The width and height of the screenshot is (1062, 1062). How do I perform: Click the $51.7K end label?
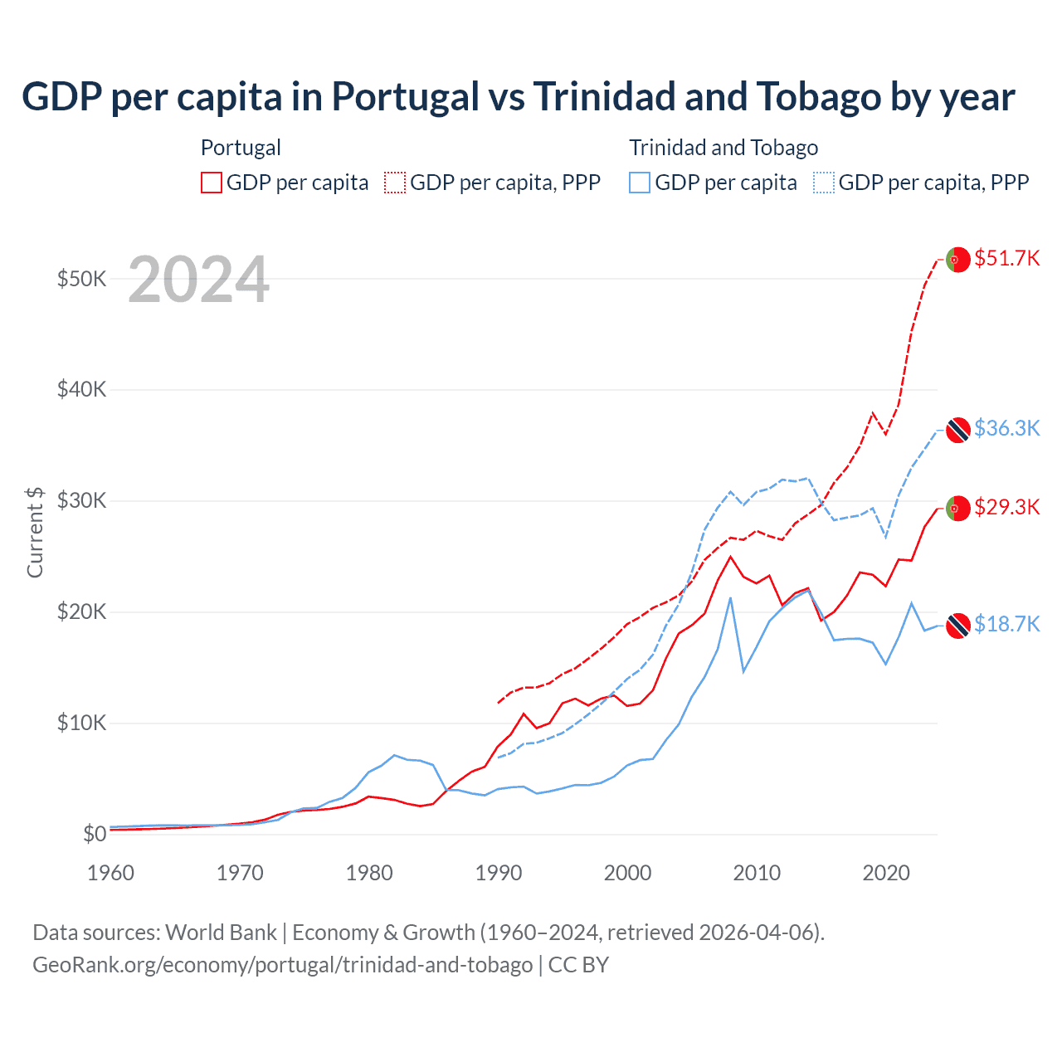[x=1006, y=258]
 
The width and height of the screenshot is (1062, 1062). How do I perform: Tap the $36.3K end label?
[x=1006, y=428]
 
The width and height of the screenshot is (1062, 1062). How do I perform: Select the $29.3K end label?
[x=1006, y=507]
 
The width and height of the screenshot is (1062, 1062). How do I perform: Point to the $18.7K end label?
[x=1006, y=624]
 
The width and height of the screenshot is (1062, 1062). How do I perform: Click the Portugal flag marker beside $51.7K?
[x=958, y=260]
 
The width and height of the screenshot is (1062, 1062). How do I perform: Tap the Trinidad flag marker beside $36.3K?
[x=958, y=430]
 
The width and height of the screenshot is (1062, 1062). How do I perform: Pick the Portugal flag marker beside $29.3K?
[x=958, y=508]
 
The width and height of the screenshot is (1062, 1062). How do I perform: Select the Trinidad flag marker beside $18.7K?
[x=958, y=626]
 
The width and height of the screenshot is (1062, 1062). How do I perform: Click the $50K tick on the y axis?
[x=81, y=279]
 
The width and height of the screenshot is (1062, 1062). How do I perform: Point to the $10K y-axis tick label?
[x=81, y=723]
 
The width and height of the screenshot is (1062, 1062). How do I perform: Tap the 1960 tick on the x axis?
[x=110, y=873]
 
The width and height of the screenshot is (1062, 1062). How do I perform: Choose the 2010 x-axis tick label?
[x=757, y=873]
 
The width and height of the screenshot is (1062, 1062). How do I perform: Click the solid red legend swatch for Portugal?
[x=212, y=183]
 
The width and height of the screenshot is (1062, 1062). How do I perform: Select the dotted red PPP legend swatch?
[x=395, y=183]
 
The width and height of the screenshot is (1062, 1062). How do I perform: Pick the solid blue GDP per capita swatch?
[x=640, y=183]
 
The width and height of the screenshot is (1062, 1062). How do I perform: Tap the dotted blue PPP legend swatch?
[x=824, y=183]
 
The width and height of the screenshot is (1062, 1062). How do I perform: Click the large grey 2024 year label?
[x=199, y=280]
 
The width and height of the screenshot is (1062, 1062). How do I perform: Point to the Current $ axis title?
[x=35, y=532]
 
